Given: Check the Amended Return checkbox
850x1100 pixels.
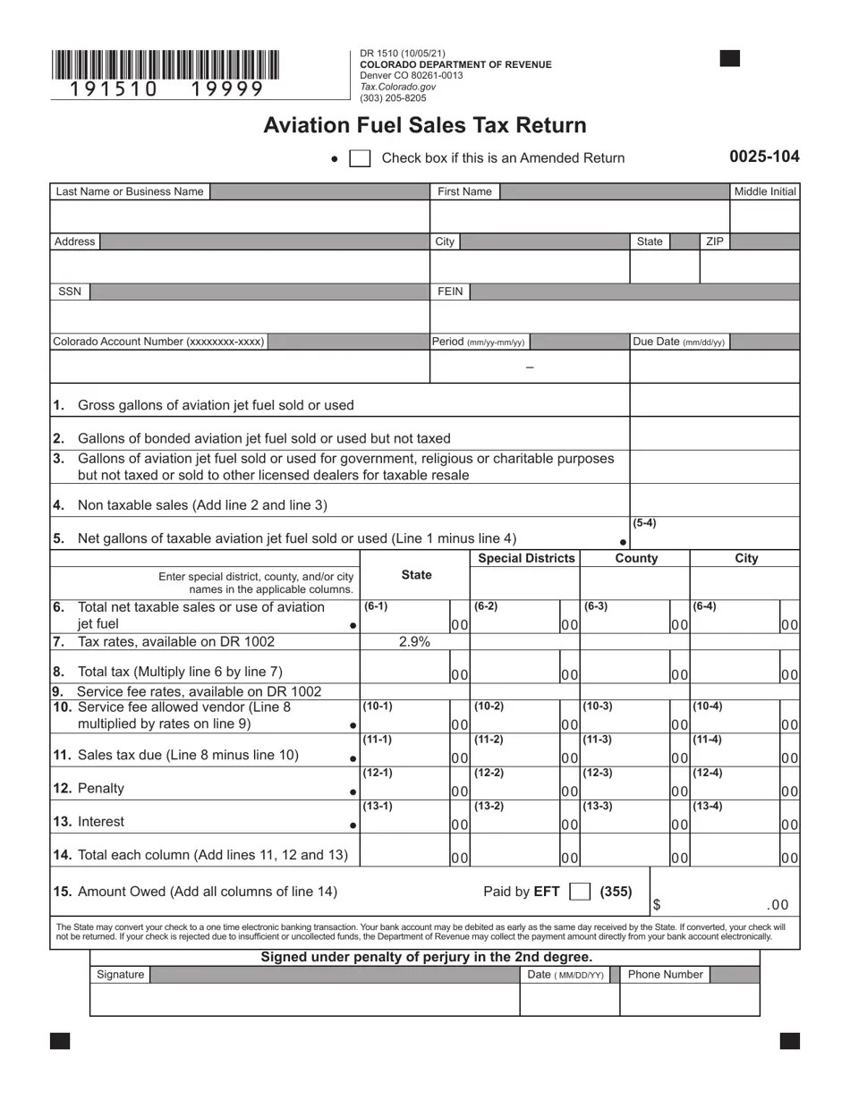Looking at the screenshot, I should pos(360,158).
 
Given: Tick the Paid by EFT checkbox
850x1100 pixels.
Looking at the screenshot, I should pos(580,891).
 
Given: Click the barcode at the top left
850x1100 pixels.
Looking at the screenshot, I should pos(165,65).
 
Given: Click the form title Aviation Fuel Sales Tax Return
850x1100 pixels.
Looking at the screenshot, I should pos(425,125).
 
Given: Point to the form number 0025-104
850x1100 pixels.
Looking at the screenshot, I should pos(764,157).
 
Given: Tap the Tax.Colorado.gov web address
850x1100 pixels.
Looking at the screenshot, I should pos(398,87).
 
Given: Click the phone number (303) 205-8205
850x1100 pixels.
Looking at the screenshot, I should pos(393,98).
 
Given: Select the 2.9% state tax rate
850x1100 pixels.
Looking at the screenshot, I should pos(415,641).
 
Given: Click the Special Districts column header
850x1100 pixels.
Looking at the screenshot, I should pos(526,558).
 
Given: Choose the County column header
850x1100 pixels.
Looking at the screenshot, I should pos(636,558).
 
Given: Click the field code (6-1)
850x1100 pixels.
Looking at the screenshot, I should pos(376,606).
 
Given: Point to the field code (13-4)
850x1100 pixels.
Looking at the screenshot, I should pos(707,806).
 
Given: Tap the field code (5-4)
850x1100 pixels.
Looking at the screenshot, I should pos(644,523).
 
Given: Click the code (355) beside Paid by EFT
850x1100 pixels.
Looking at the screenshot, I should pos(616,891).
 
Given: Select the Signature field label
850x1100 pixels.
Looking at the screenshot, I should pos(120,974).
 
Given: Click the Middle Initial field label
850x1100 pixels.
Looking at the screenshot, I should pos(765,191).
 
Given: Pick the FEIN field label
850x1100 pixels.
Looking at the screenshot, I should pos(450,292).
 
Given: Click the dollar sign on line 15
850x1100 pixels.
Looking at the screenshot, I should pos(657,905).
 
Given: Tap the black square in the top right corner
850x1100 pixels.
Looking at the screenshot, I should pos(730,59).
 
